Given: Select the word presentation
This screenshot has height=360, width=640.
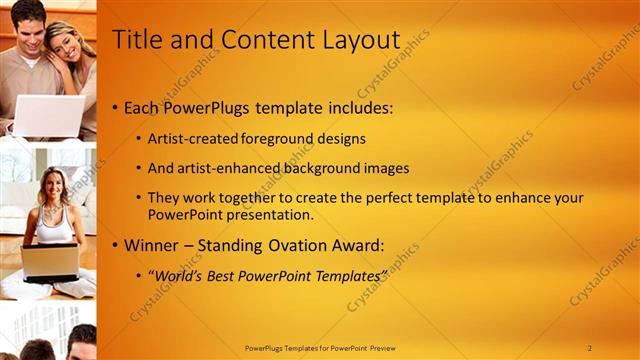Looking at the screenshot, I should (x=271, y=214).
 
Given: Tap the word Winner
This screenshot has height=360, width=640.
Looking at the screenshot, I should (x=152, y=244).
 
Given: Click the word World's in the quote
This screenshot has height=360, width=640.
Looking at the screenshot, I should (x=178, y=275).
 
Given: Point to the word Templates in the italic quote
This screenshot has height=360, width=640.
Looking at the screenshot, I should (x=345, y=275).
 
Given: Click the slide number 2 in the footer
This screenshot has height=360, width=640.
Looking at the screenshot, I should (x=589, y=348).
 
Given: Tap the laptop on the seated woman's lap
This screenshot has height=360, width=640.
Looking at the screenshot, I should (x=50, y=262).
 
